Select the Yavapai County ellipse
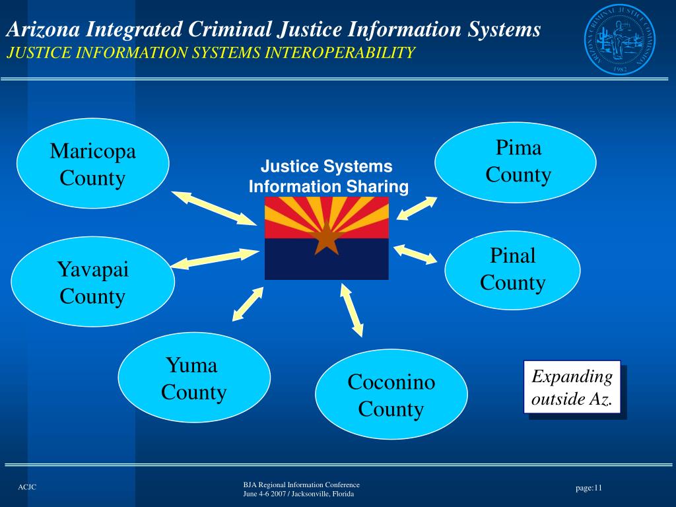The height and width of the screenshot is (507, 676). tap(93, 283)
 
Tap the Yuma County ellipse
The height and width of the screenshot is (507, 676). tap(194, 378)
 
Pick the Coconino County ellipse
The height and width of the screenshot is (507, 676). tap(391, 395)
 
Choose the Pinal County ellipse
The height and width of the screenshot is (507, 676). tap(512, 269)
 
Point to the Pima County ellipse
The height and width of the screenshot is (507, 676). tap(515, 162)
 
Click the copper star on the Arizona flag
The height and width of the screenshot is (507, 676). tap(326, 239)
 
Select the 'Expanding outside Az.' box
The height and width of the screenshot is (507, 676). tap(572, 388)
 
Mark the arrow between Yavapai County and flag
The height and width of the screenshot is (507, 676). tap(215, 259)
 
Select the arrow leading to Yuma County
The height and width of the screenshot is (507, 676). tap(248, 304)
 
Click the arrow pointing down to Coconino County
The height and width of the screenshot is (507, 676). tap(351, 309)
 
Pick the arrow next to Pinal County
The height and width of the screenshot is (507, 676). tap(416, 254)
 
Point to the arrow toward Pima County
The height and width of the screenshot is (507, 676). tap(417, 209)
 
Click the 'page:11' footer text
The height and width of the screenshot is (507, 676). tap(589, 488)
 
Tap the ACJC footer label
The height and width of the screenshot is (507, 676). tap(27, 487)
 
